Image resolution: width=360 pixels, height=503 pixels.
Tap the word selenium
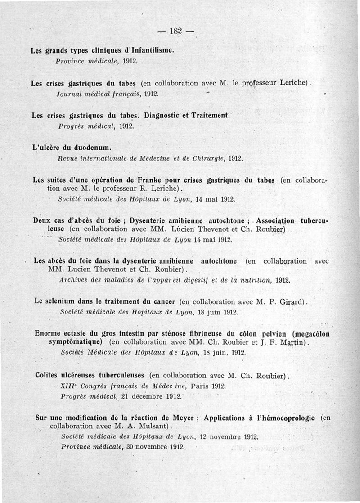tap(60, 301)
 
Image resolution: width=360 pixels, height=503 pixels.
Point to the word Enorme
tap(49, 334)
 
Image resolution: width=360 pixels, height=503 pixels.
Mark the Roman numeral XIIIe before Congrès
tap(68, 386)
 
